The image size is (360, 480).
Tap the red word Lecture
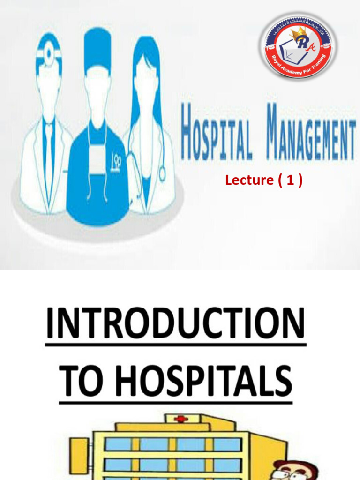pos(249,180)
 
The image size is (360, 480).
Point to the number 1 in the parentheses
pos(291,180)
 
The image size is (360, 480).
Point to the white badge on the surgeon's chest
pos(97,160)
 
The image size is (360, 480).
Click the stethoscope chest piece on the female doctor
pos(162,174)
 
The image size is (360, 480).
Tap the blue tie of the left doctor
pos(48,150)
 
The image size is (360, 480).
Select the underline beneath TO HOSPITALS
pos(175,402)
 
